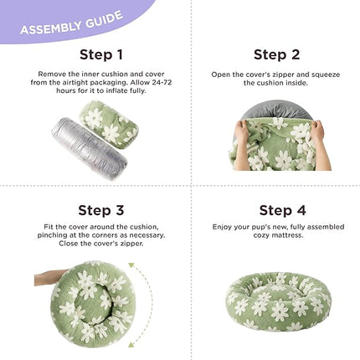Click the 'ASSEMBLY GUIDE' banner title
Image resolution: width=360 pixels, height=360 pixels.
coord(71,23)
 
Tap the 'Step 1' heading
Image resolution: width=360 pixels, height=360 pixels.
coord(101,54)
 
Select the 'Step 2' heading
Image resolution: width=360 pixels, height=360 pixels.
coord(276,54)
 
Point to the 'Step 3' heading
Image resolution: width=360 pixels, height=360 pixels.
coord(101,210)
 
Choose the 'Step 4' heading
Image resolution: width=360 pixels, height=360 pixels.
coord(282,210)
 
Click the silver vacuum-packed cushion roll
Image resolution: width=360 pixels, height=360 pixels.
coord(90,148)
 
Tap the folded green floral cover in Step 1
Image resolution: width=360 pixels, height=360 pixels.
coord(109,125)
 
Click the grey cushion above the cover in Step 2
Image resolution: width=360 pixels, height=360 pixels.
coord(276,111)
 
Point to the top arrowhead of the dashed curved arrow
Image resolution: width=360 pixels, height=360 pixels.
coord(131,265)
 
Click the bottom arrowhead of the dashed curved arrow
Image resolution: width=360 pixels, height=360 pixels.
coord(131,344)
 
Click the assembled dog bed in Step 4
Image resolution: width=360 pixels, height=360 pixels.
coord(278,301)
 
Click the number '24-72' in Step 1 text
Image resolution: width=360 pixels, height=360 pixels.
coord(162,83)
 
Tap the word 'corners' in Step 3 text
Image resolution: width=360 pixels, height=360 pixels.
coord(107,235)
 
